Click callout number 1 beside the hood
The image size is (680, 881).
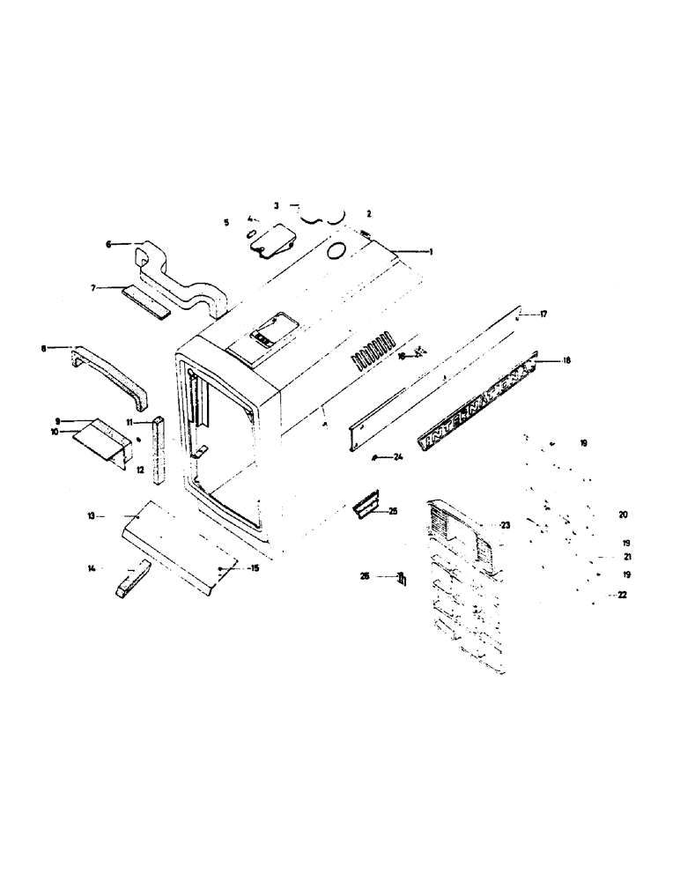[x=432, y=252]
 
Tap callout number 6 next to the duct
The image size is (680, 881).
[x=109, y=244]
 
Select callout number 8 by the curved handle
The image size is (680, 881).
[x=43, y=348]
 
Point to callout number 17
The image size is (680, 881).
[x=544, y=314]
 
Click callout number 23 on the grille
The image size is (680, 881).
[x=505, y=525]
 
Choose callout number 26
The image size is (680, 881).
[x=364, y=577]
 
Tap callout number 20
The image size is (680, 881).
[x=599, y=514]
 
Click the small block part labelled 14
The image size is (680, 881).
[x=129, y=582]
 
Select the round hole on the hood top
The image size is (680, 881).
[x=336, y=252]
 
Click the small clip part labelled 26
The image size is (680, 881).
[x=402, y=578]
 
